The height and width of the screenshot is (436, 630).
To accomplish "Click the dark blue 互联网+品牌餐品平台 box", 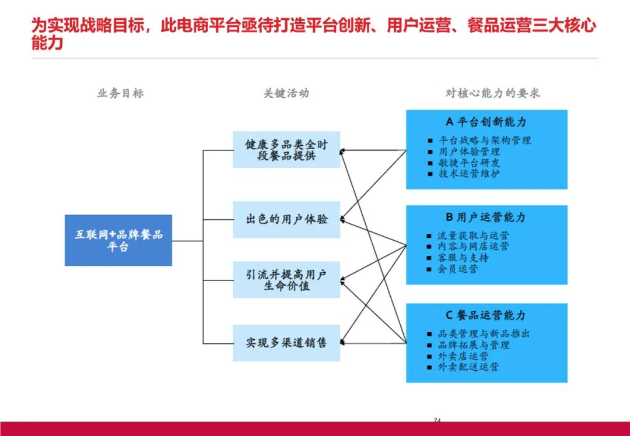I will pyautogui.click(x=118, y=240).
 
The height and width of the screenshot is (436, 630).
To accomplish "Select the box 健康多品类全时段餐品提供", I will pyautogui.click(x=286, y=150).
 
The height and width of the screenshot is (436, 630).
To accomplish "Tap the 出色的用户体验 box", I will pyautogui.click(x=286, y=220).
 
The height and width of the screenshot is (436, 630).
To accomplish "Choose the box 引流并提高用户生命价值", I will pyautogui.click(x=286, y=280).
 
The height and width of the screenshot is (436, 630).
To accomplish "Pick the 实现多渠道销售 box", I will pyautogui.click(x=286, y=343).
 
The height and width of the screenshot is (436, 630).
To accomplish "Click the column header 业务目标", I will pyautogui.click(x=120, y=93).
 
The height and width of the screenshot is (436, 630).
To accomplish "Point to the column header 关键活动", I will pyautogui.click(x=286, y=93).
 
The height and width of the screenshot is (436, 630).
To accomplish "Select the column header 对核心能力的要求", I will pyautogui.click(x=492, y=93).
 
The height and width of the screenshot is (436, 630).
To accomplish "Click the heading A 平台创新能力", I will pyautogui.click(x=486, y=122).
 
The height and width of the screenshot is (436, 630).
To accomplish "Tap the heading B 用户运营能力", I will pyautogui.click(x=486, y=217).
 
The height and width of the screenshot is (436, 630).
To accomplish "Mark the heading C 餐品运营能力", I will pyautogui.click(x=486, y=315).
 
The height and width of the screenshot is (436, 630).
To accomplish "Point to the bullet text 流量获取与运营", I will pyautogui.click(x=473, y=236).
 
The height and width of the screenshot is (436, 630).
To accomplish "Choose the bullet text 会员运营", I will pyautogui.click(x=458, y=269).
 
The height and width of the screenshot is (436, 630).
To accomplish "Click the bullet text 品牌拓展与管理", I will pyautogui.click(x=474, y=345).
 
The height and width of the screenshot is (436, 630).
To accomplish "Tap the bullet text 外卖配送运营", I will pyautogui.click(x=468, y=367).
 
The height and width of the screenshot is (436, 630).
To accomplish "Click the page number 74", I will pyautogui.click(x=437, y=420).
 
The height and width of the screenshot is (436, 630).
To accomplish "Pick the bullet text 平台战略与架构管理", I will pyautogui.click(x=485, y=140).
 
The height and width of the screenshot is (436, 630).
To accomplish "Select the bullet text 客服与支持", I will pyautogui.click(x=463, y=258).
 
